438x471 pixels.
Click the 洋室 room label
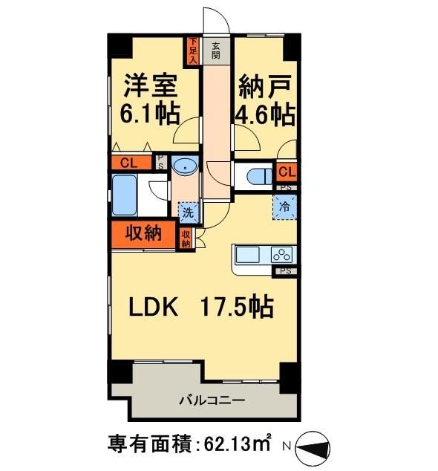click(x=151, y=85)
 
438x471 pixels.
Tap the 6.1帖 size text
click(x=150, y=114)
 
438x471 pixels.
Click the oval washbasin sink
click(x=185, y=168)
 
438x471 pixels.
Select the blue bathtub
click(x=126, y=195)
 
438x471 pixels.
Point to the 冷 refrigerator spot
click(x=285, y=207)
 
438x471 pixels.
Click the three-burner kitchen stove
click(x=283, y=255)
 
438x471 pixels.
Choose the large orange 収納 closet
click(x=144, y=233)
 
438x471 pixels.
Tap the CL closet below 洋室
click(x=128, y=163)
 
